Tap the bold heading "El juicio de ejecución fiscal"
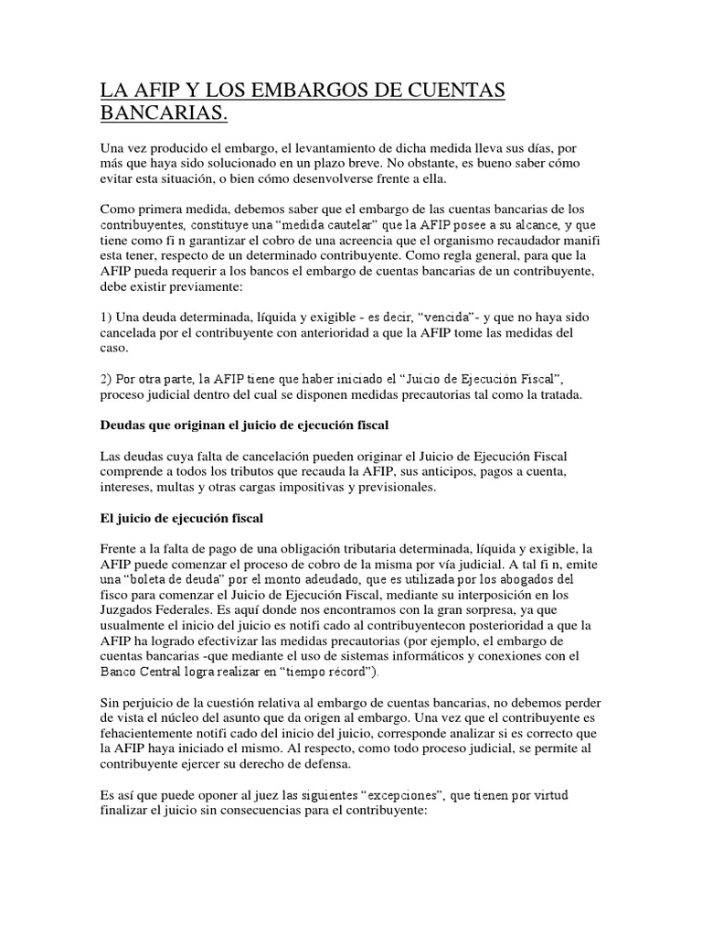[182, 518]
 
